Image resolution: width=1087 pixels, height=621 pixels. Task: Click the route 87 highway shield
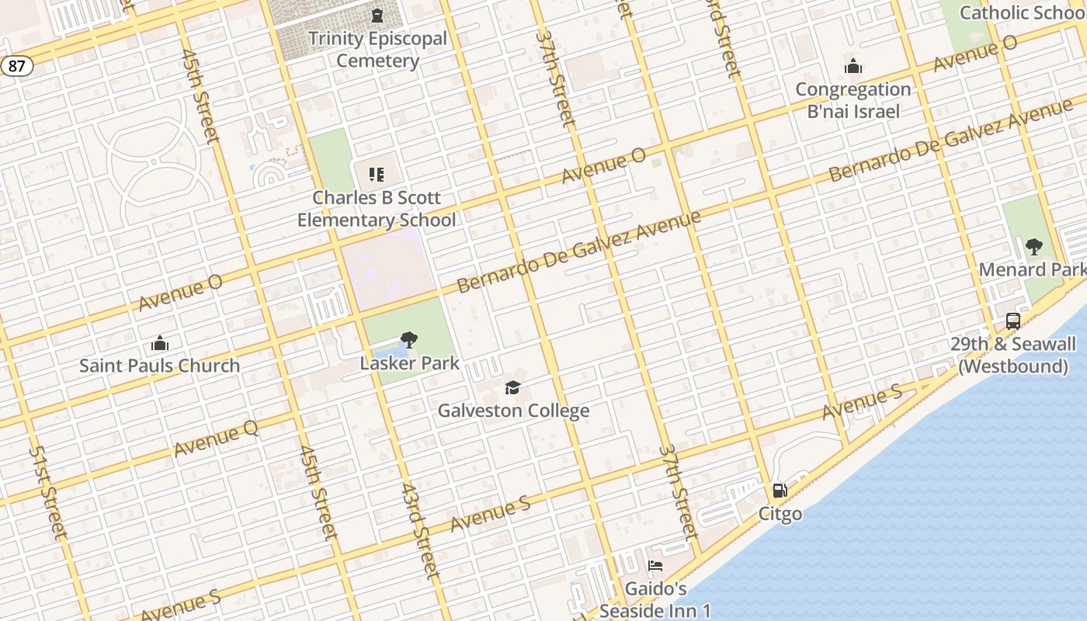click(16, 66)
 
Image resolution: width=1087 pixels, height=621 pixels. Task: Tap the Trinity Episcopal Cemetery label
click(377, 50)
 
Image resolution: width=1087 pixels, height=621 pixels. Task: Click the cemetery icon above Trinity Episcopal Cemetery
click(377, 16)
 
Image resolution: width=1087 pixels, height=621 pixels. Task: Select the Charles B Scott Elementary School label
click(377, 209)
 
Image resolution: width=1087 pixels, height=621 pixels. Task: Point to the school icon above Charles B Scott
click(377, 175)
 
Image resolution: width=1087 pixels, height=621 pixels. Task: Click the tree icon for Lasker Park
click(409, 340)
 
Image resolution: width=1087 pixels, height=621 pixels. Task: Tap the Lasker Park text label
click(409, 363)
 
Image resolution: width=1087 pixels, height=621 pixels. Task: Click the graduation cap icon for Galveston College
click(512, 387)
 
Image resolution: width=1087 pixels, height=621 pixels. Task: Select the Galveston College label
click(513, 411)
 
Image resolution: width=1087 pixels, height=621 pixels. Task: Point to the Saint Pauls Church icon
click(160, 343)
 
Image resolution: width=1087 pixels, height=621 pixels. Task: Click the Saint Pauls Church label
click(160, 366)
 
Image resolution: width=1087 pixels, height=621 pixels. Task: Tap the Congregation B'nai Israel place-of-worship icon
click(853, 67)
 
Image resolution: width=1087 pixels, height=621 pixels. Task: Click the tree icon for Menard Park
click(1033, 247)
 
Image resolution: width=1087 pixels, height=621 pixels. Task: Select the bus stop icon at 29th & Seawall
click(1012, 321)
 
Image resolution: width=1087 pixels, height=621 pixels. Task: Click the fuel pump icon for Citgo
click(780, 491)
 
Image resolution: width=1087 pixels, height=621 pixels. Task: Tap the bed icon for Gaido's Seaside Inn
click(655, 567)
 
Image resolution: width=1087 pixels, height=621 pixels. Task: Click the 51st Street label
click(47, 492)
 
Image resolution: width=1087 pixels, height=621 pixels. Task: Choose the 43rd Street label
click(421, 531)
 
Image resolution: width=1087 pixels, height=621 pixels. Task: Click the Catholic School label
click(1022, 12)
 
